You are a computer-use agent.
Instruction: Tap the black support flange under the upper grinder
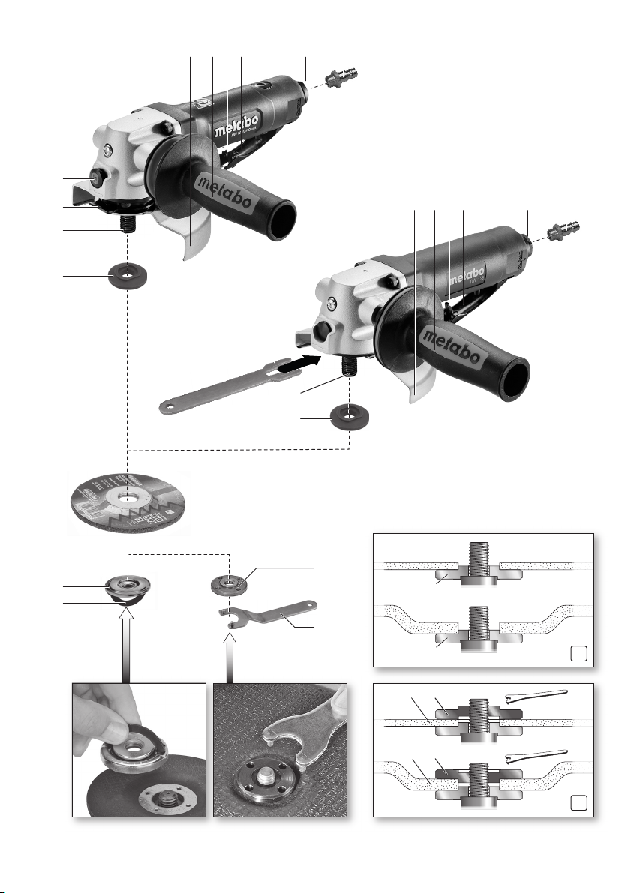point(128,277)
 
